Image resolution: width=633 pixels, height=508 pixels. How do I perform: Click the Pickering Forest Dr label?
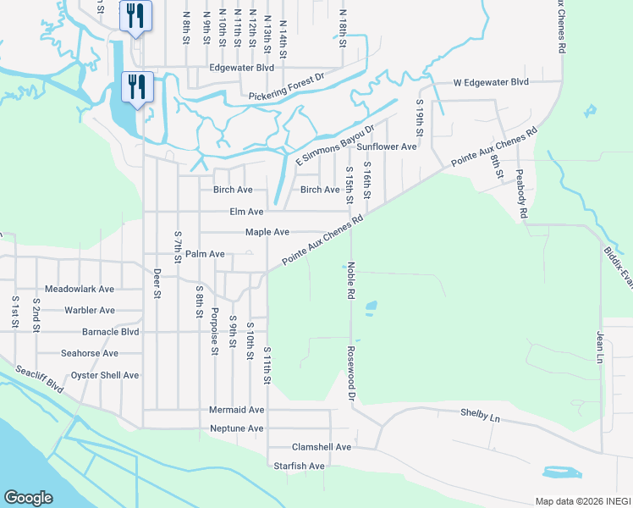(287, 95)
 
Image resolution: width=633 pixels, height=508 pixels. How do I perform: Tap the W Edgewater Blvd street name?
(490, 82)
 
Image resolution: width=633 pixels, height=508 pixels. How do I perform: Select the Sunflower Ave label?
(386, 146)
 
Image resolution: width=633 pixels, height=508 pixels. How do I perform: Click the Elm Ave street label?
(246, 212)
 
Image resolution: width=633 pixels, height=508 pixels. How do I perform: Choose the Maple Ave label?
(267, 232)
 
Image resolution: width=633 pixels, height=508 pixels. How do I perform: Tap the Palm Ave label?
(205, 253)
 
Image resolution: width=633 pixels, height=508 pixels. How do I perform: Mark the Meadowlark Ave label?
(80, 289)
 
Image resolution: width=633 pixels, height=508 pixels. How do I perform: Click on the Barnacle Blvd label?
(110, 332)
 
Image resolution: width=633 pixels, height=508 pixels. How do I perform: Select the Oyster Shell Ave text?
(105, 375)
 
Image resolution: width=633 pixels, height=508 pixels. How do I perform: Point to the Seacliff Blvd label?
(39, 378)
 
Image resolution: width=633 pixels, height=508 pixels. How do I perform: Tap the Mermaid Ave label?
(237, 410)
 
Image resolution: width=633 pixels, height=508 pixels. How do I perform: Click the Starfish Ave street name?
(299, 466)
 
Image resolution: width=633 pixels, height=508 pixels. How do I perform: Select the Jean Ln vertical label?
(600, 348)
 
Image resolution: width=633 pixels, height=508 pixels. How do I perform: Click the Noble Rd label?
(349, 279)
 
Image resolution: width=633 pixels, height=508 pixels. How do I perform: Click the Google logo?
(28, 498)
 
